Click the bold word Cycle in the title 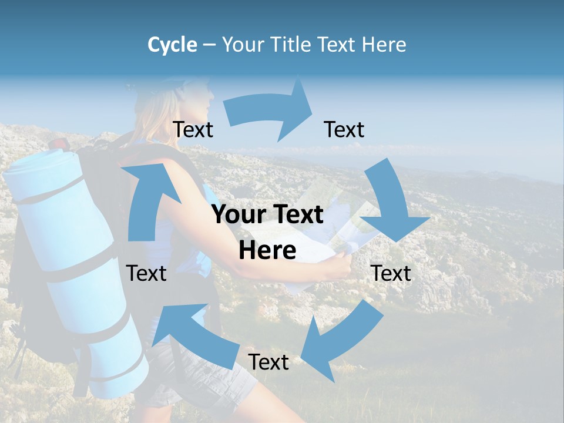click(x=172, y=45)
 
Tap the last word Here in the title click(x=384, y=45)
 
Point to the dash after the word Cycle click(x=209, y=45)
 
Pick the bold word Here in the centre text click(x=267, y=251)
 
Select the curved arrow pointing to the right click(x=270, y=112)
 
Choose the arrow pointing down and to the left click(x=341, y=341)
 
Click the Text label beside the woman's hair click(x=193, y=129)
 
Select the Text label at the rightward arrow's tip click(x=344, y=129)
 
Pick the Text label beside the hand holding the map click(x=391, y=273)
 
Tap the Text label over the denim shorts click(x=268, y=362)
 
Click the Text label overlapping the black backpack click(x=146, y=273)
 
